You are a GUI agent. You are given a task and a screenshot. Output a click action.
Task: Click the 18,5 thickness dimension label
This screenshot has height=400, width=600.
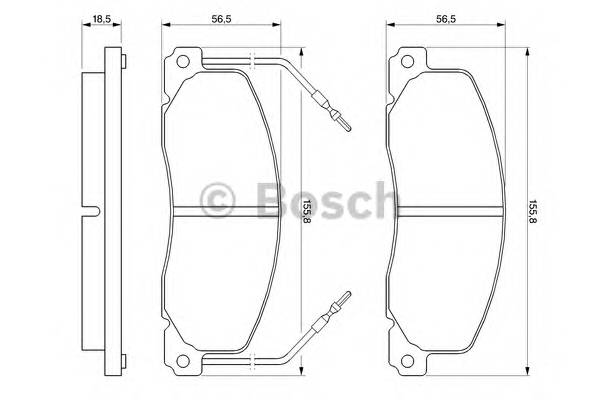point(101,18)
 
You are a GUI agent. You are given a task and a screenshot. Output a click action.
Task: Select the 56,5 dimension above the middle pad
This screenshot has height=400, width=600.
point(222,18)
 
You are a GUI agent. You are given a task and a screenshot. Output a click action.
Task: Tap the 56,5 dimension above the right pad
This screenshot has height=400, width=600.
point(447,18)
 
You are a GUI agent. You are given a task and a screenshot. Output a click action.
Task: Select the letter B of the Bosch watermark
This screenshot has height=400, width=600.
point(268,199)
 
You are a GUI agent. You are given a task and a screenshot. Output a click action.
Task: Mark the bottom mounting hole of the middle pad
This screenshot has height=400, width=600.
point(182,362)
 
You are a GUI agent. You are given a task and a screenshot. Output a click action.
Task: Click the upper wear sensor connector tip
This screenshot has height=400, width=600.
point(346,126)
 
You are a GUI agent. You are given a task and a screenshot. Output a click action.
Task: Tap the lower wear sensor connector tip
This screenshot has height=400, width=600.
point(346,296)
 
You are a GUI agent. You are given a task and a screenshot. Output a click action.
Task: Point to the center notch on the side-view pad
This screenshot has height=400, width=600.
point(91,212)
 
